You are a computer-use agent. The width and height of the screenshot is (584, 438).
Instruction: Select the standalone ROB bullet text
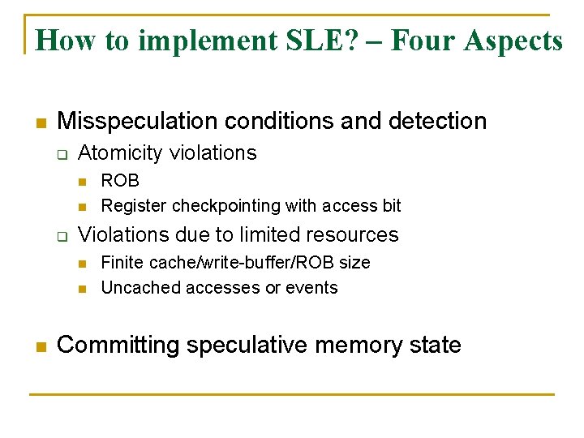point(120,180)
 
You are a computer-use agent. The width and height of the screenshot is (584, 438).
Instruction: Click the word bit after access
point(392,206)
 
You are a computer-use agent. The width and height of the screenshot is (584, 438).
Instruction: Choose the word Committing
point(118,346)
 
